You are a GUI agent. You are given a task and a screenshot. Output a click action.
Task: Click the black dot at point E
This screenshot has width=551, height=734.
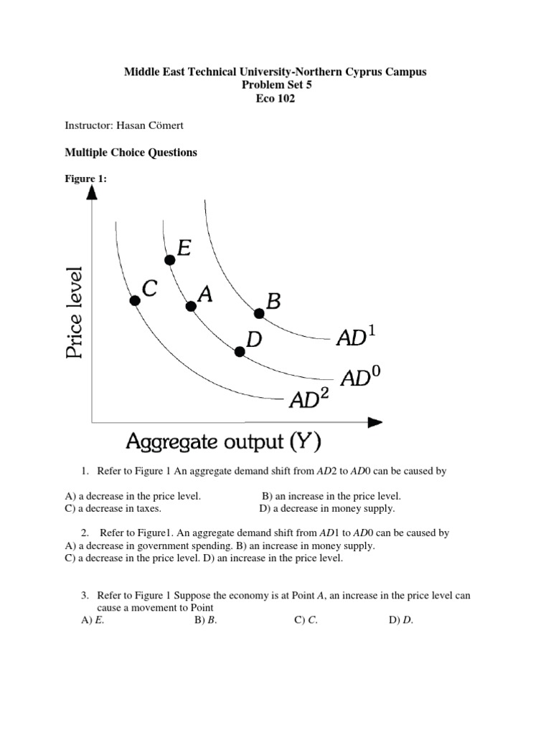tap(169, 259)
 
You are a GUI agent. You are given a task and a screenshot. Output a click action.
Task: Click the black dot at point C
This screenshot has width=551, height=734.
tap(135, 300)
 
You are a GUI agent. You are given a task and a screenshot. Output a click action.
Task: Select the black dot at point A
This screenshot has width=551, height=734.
tap(191, 306)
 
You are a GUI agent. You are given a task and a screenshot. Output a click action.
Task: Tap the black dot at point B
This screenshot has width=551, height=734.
tap(259, 313)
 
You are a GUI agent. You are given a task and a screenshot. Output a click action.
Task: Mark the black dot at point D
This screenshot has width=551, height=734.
tap(239, 351)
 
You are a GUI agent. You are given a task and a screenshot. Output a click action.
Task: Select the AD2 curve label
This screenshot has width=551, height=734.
tap(309, 398)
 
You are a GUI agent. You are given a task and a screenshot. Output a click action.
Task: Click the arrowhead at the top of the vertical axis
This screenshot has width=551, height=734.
tap(91, 192)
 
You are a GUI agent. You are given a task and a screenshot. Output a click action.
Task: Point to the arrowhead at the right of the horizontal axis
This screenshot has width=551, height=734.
tap(375, 422)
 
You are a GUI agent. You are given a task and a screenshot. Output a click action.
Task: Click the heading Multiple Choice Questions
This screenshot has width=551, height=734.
tap(131, 153)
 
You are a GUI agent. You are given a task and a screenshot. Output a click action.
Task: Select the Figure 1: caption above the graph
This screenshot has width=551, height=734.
tap(85, 179)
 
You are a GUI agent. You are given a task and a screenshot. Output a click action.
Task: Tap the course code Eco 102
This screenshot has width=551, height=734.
tap(275, 99)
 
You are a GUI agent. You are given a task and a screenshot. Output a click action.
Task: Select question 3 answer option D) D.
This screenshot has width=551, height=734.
tap(401, 621)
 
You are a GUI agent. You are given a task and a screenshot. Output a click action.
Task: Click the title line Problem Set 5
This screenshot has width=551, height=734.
tap(275, 85)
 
